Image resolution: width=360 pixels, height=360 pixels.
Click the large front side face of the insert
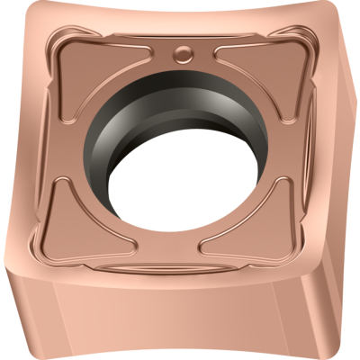162,315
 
